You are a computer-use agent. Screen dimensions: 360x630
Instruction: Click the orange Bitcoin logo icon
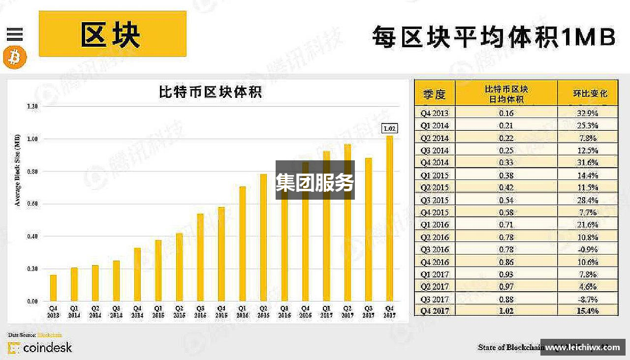(x=14, y=58)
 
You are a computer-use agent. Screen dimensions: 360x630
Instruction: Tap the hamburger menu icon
(x=15, y=34)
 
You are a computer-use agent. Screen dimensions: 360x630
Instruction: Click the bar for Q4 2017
(x=389, y=218)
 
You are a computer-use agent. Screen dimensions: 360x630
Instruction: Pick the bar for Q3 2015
(x=200, y=257)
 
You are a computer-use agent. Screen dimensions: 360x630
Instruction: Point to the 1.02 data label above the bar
(x=389, y=129)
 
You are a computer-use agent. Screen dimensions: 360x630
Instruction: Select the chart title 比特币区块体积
(x=210, y=92)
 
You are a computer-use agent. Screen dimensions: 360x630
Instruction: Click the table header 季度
(x=434, y=93)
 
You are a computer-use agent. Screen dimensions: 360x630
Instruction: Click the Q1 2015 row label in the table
(x=434, y=175)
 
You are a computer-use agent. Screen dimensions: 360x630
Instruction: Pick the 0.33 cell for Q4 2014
(x=506, y=163)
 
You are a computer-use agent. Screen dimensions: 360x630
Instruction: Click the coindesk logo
(x=40, y=348)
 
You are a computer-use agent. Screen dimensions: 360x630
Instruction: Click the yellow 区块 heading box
(x=112, y=34)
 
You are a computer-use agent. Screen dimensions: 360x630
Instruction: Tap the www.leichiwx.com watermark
(x=583, y=347)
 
